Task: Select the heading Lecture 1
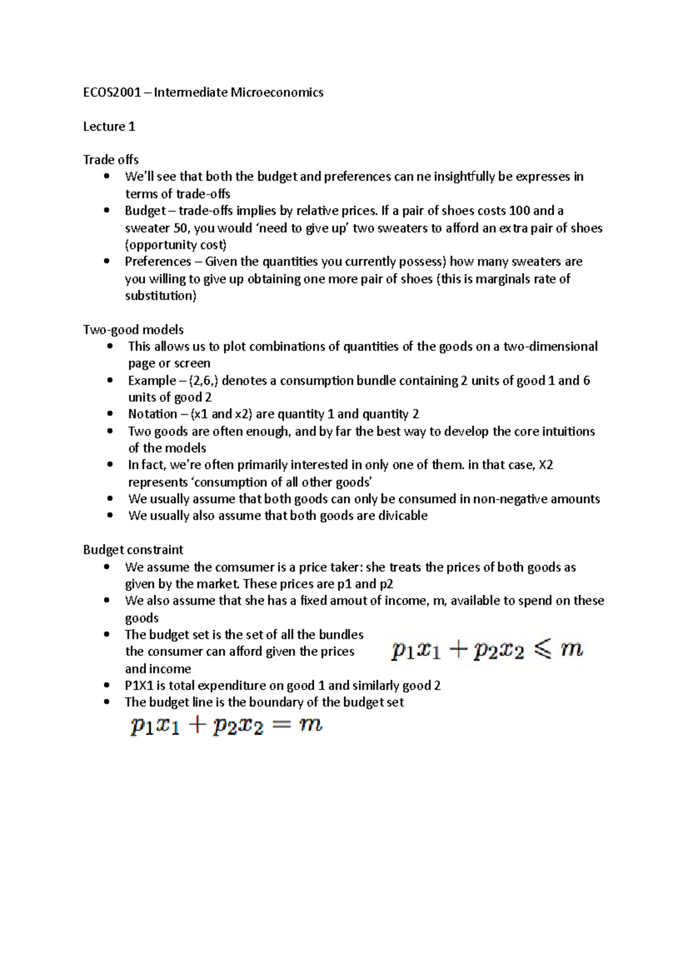109,127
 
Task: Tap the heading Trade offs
111,160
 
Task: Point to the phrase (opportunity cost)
175,245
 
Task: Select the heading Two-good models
133,330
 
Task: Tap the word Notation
152,414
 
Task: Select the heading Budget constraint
133,550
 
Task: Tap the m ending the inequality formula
572,649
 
